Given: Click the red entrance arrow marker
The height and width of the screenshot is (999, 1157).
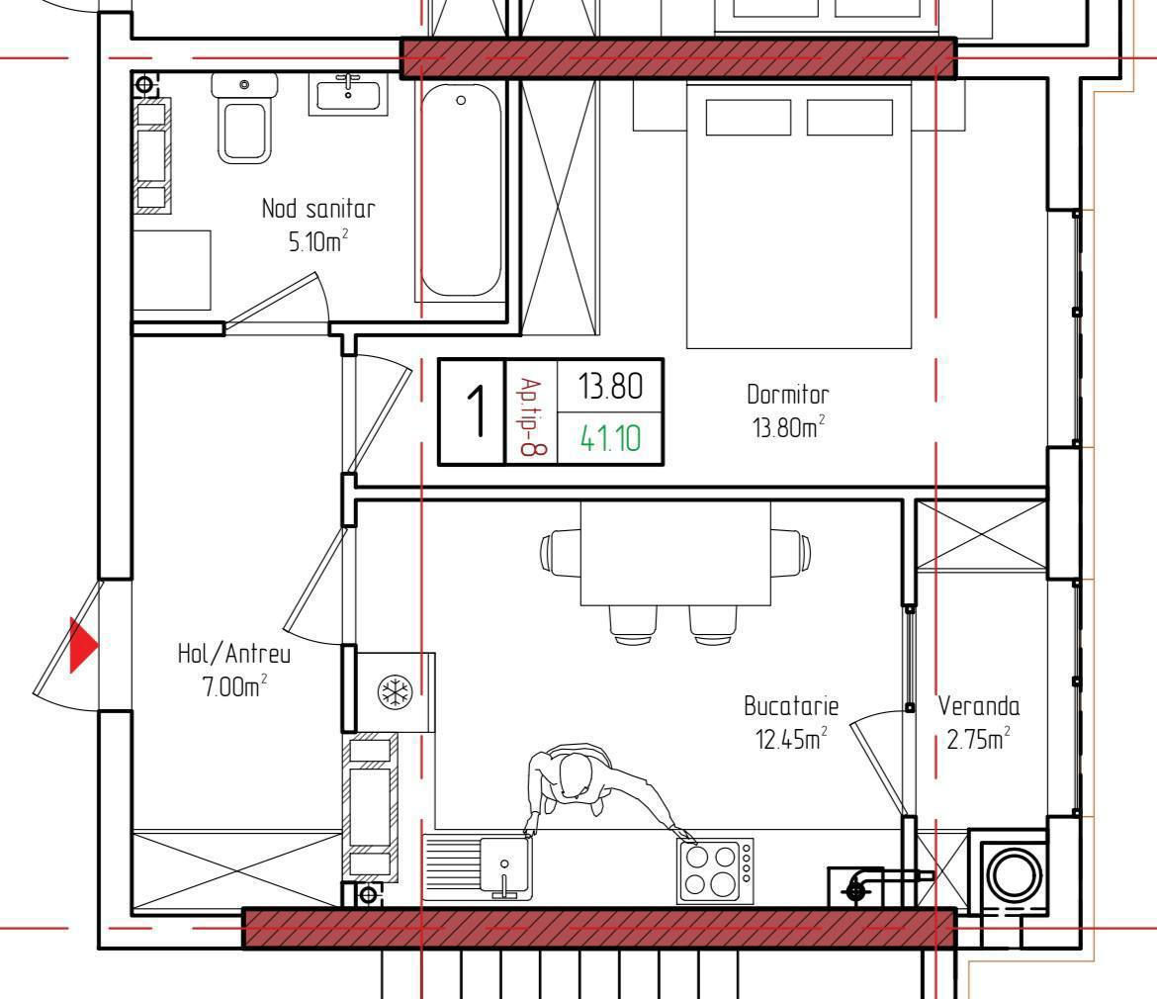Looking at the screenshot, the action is (83, 645).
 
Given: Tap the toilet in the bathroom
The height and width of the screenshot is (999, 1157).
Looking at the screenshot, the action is (243, 118).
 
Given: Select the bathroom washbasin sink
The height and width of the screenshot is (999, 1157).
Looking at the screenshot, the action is (348, 95).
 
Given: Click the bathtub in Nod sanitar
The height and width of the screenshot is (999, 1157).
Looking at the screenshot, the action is (461, 190).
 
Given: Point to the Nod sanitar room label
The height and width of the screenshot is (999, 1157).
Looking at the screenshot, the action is (318, 209).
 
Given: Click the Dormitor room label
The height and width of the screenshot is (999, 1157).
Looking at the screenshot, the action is (788, 395).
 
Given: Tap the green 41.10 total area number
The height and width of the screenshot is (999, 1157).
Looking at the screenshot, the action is (610, 438).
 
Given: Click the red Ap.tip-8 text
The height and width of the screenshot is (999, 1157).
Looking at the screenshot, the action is (530, 416).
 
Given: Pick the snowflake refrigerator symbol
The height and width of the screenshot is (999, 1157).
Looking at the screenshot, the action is (395, 692).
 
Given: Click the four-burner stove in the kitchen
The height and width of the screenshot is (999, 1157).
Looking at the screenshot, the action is (715, 870).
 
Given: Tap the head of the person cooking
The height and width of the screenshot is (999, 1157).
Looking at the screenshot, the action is (575, 776).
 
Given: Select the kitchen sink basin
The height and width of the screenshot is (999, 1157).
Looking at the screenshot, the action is (505, 866).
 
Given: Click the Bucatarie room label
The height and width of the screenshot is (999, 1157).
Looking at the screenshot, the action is (791, 707).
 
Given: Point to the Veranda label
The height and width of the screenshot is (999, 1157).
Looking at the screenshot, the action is (978, 707).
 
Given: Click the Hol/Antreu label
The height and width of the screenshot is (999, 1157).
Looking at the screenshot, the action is (234, 654).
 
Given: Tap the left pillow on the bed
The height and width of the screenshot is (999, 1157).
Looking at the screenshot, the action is (749, 118).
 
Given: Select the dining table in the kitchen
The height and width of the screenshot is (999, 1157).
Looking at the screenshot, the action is (675, 553).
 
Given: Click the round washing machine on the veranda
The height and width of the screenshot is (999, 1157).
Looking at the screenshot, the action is (1015, 875).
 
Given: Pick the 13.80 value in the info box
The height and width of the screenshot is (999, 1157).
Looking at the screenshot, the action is (610, 386).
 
